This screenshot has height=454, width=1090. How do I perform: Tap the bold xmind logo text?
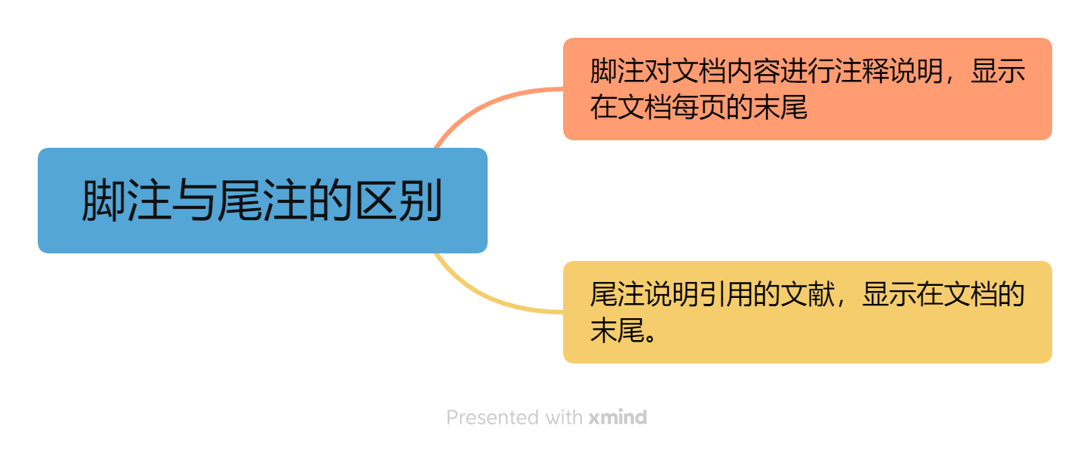[617, 417]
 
